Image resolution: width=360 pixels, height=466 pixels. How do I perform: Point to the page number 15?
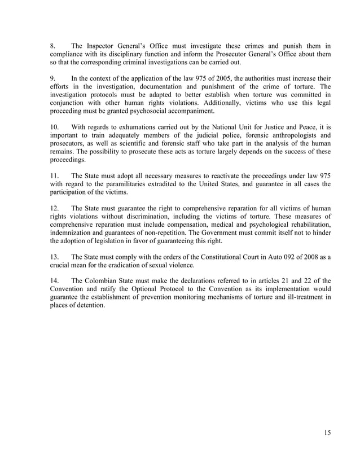click(x=327, y=433)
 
